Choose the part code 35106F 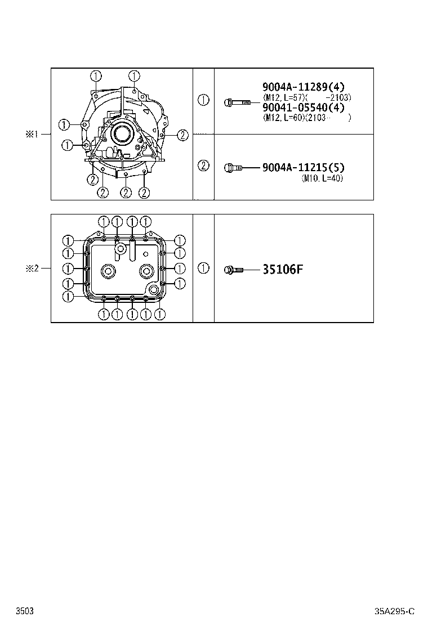coord(283,269)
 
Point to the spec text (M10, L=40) coord(322,178)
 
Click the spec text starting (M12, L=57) coord(307,97)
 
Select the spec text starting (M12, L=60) coord(307,118)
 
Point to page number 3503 coord(24,611)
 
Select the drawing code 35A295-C coord(395,611)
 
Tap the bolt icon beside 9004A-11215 coord(233,167)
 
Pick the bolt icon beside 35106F coord(233,270)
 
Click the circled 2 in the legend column coord(203,166)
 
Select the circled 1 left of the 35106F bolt coord(203,269)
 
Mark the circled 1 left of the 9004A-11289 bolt coord(203,100)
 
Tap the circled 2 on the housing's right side coord(182,134)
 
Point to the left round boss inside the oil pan coord(107,271)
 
